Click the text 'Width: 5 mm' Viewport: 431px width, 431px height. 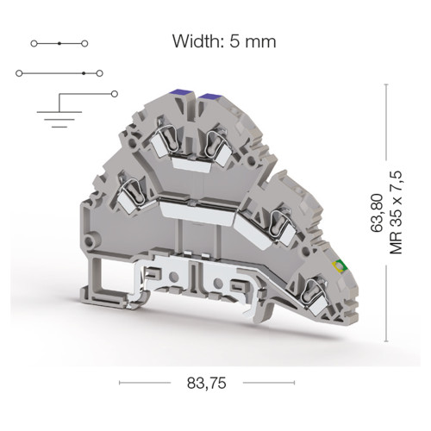(224, 41)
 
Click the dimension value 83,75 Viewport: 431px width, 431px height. (207, 383)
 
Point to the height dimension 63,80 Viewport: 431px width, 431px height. (377, 213)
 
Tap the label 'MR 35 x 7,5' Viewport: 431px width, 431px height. (396, 213)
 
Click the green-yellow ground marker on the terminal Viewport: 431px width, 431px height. (340, 265)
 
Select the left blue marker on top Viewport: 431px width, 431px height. (181, 92)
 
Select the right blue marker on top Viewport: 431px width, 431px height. (210, 96)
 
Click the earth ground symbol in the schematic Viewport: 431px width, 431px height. (59, 119)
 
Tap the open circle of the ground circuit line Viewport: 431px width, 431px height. (115, 94)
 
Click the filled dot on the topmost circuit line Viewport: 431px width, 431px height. (59, 43)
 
